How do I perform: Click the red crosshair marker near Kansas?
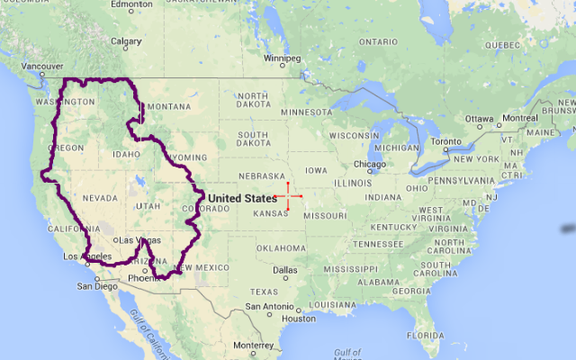point(289,196)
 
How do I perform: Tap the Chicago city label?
point(369,165)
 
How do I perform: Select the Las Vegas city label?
point(138,240)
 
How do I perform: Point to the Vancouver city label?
point(42,67)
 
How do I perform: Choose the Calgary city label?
point(126,40)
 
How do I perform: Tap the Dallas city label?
point(286,269)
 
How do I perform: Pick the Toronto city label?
point(445,141)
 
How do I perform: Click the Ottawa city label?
point(480,119)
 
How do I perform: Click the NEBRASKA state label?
point(260,176)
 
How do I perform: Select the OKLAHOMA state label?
point(281,247)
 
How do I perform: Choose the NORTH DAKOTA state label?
point(253,101)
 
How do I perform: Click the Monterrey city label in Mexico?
point(252,345)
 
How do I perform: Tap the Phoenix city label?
point(144,277)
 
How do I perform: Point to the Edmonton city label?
point(133,4)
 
